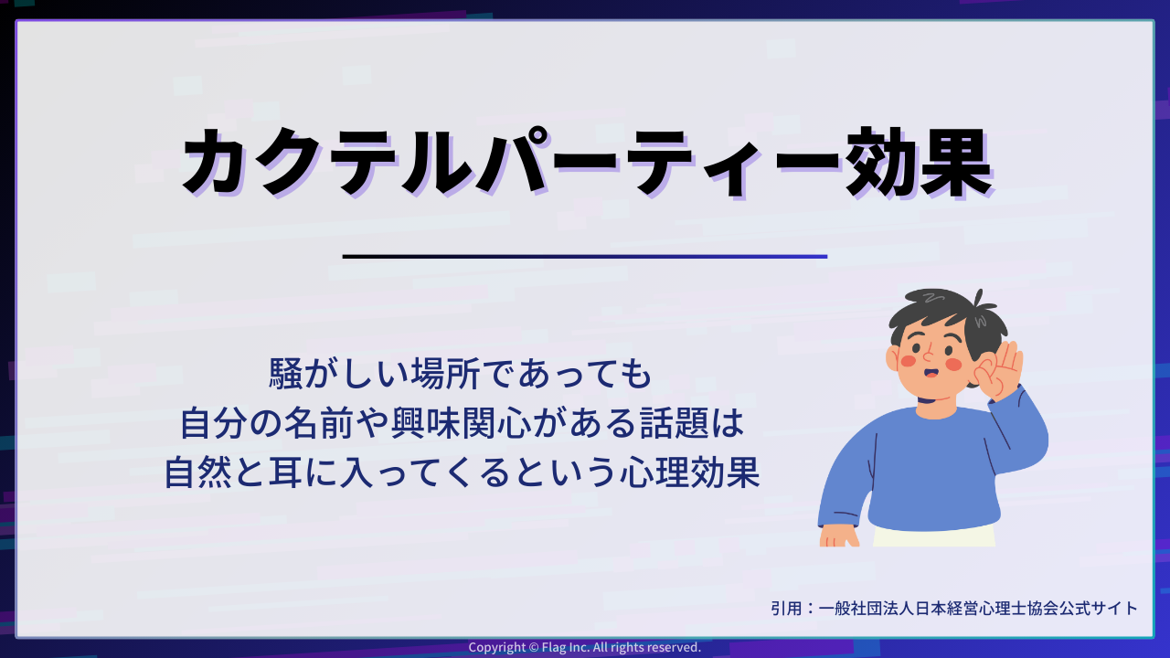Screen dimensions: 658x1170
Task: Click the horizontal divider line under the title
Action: pos(585,257)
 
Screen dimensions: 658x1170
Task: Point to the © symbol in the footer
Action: pos(535,647)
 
